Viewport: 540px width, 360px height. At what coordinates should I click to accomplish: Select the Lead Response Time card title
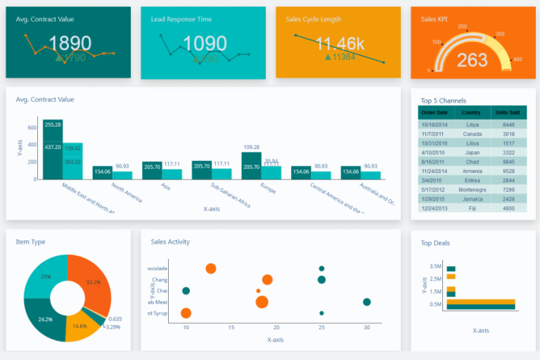[x=181, y=19]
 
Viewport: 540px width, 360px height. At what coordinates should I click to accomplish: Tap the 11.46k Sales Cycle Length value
[x=340, y=44]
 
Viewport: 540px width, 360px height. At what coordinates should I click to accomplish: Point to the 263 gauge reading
[x=472, y=60]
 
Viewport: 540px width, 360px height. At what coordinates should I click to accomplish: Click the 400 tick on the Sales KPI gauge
[x=517, y=60]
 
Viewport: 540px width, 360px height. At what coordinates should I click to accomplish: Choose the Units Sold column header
[x=507, y=112]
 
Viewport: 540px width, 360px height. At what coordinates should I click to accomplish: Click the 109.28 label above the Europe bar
[x=251, y=147]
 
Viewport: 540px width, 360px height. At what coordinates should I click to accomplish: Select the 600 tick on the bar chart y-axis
[x=32, y=128]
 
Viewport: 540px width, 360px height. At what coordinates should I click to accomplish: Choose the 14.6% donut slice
[x=79, y=325]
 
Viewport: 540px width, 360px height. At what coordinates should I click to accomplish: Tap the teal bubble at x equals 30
[x=366, y=302]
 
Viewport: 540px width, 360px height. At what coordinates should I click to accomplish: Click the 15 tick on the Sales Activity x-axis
[x=231, y=328]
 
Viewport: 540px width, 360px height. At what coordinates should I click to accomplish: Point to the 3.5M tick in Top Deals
[x=435, y=266]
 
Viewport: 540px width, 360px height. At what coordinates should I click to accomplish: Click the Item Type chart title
[x=30, y=242]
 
